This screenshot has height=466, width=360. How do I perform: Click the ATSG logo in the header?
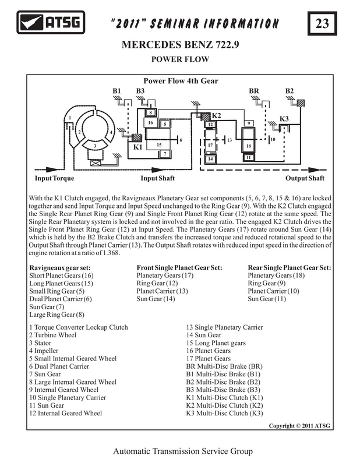click(x=51, y=22)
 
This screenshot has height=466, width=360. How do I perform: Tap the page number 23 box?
click(x=322, y=23)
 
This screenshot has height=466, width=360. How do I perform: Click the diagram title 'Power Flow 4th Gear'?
click(x=181, y=81)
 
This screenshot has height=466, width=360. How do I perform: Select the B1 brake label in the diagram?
click(x=117, y=91)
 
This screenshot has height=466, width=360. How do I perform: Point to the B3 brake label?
click(x=140, y=91)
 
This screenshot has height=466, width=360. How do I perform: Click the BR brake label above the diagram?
click(x=254, y=91)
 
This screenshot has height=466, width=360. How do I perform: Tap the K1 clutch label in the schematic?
click(x=137, y=147)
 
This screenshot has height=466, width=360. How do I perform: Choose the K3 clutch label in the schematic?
click(x=284, y=119)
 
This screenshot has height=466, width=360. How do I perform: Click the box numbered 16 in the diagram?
click(x=151, y=123)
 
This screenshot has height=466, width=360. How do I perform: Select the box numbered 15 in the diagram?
click(x=159, y=144)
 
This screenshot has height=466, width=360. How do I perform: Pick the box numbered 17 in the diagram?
click(x=210, y=145)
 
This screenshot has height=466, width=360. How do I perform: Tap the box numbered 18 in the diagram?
click(x=249, y=146)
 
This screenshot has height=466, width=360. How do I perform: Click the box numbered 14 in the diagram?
click(x=210, y=158)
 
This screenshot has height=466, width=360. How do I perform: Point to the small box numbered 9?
click(x=249, y=123)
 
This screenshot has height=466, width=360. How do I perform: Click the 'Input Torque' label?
click(x=54, y=178)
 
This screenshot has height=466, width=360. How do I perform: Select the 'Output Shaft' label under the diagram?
click(x=305, y=178)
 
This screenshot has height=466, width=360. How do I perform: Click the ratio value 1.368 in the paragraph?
click(x=111, y=253)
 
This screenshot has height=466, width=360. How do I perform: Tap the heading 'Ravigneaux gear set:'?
click(x=60, y=268)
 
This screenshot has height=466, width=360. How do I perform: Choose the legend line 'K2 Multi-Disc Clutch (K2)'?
click(x=224, y=405)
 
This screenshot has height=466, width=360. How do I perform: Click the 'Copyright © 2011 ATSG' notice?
click(x=299, y=426)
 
